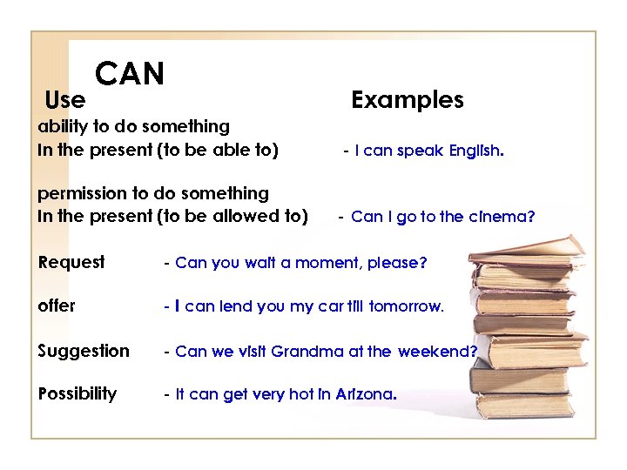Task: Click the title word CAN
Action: click(130, 74)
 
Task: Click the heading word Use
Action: click(64, 100)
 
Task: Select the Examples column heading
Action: click(407, 100)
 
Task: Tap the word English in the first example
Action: click(475, 151)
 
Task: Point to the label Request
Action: click(71, 262)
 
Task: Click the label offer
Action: click(57, 306)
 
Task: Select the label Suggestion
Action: click(84, 352)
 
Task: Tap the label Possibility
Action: click(78, 393)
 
